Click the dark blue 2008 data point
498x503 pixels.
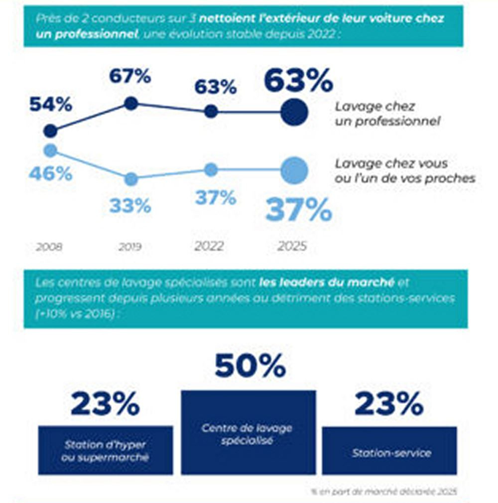coord(50,131)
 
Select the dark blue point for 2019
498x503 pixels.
coord(131,104)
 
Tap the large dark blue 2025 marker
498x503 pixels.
coord(294,113)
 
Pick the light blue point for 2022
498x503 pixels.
coord(211,170)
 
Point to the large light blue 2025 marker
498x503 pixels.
coord(294,170)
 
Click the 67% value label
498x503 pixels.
coord(130,77)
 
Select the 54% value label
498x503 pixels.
coord(50,105)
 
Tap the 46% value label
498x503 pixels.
coord(50,174)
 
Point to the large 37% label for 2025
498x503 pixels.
coord(298,210)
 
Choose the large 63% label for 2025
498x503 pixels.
coord(298,81)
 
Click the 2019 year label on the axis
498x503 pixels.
coord(130,247)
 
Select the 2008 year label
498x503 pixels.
coord(49,247)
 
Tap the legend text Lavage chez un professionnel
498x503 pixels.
coord(387,114)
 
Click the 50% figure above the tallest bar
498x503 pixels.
coord(250,366)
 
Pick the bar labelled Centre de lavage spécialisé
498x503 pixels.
coord(248,432)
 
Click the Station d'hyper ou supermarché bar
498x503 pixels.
coord(105,450)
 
